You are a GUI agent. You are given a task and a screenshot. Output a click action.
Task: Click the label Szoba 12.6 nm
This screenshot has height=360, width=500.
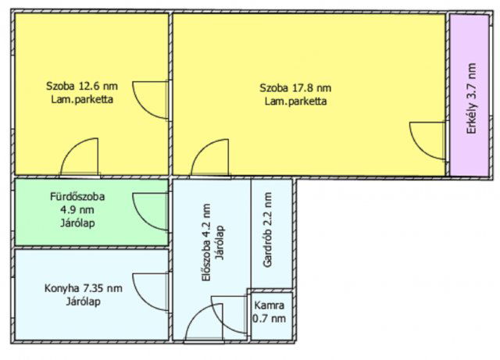click(82, 87)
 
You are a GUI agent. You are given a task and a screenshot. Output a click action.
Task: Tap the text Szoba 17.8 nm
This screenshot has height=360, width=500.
click(295, 87)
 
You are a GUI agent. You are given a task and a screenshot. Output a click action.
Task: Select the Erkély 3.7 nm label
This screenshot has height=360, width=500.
click(472, 97)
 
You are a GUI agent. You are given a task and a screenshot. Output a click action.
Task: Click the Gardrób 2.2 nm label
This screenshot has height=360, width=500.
click(267, 230)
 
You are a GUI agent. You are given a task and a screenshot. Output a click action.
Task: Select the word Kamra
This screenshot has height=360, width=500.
click(270, 306)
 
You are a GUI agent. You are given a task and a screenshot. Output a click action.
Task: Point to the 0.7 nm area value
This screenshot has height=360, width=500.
click(270, 319)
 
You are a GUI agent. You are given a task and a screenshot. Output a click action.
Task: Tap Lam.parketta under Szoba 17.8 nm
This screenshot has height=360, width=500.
click(295, 101)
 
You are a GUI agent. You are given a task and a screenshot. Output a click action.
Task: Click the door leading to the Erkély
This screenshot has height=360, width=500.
click(428, 141)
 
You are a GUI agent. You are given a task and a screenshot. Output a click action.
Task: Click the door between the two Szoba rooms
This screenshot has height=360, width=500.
click(151, 99)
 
